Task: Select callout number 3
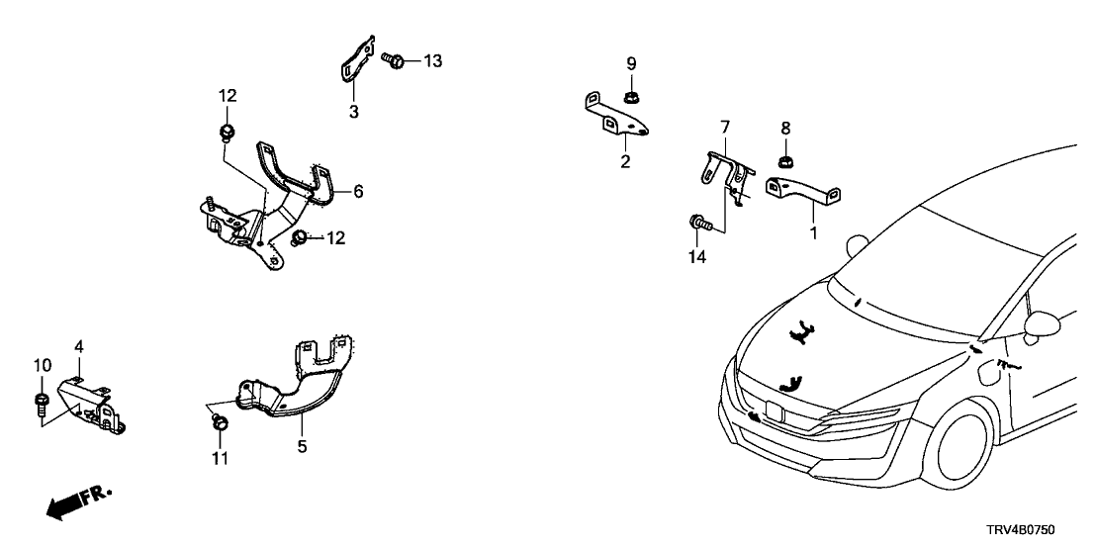(x=353, y=111)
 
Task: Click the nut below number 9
(x=630, y=97)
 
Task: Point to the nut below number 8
(x=785, y=159)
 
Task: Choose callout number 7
(x=725, y=127)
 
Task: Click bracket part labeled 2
(x=613, y=116)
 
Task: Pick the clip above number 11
(x=220, y=423)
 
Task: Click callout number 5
(x=302, y=447)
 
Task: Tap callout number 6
(x=358, y=191)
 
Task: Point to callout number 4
(x=79, y=346)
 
